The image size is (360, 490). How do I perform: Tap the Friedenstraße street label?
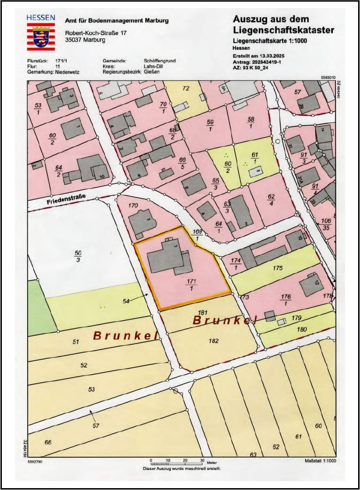click(x=66, y=201)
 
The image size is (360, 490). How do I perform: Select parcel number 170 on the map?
click(x=133, y=205)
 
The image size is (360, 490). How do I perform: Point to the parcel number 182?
click(x=214, y=341)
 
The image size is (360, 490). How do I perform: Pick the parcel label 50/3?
click(x=78, y=256)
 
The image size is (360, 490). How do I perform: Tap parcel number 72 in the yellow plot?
click(x=186, y=88)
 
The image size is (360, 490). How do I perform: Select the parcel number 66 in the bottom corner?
click(x=47, y=443)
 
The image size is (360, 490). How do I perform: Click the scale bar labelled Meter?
click(x=177, y=463)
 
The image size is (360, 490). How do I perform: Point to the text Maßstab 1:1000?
click(x=320, y=461)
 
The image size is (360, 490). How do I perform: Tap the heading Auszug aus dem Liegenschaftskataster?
click(x=283, y=25)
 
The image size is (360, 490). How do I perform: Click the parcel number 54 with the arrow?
click(x=126, y=301)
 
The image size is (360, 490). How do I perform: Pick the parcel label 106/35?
click(x=325, y=224)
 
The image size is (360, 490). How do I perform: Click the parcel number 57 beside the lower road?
click(x=96, y=426)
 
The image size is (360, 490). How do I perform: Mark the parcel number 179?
click(x=296, y=318)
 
